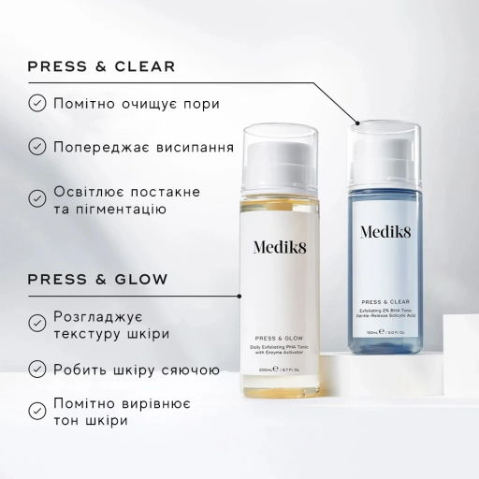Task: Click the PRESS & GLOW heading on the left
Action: [x=97, y=279]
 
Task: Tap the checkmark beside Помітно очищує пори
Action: [x=36, y=103]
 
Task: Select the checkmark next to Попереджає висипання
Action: [x=36, y=147]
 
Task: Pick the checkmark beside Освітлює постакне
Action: [x=36, y=199]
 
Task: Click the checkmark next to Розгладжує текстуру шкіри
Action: [x=36, y=322]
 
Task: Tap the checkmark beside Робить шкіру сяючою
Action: [x=36, y=367]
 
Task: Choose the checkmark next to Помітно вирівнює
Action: [x=36, y=410]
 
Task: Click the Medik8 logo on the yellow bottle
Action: [x=283, y=246]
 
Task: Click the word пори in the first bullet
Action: [x=199, y=103]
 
